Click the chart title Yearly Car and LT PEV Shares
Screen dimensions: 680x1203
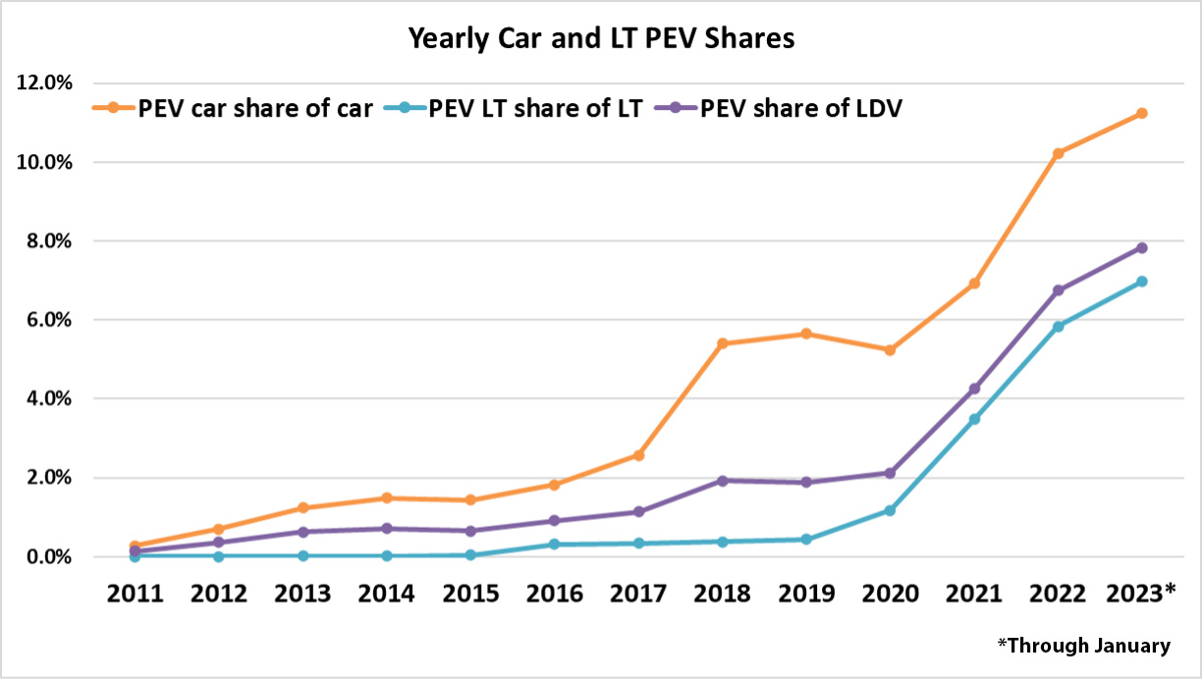[x=601, y=39]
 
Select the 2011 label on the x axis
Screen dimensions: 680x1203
[x=136, y=594]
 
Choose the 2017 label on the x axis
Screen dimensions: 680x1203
[x=638, y=594]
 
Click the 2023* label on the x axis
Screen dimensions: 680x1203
[x=1141, y=594]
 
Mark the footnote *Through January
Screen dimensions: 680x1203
[x=1083, y=646]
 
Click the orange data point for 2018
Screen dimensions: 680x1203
[x=722, y=343]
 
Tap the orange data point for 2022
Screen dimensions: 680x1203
[x=1058, y=153]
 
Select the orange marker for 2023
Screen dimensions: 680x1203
[x=1142, y=114]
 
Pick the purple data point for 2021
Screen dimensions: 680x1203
[x=974, y=390]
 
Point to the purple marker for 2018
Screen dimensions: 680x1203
[x=722, y=481]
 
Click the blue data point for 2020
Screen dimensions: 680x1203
[x=890, y=510]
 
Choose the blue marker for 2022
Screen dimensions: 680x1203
[x=1058, y=327]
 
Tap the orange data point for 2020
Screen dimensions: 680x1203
[x=890, y=350]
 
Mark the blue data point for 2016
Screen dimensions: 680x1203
[x=554, y=544]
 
